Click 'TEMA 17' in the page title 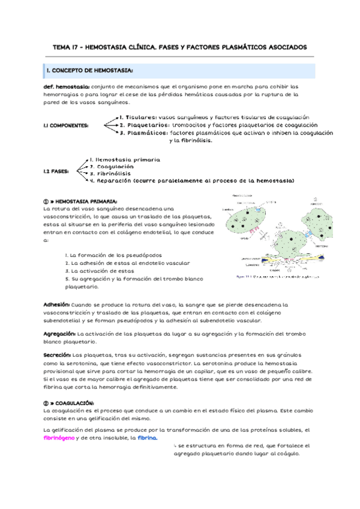(68, 46)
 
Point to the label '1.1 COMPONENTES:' (66, 125)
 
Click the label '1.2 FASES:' (56, 170)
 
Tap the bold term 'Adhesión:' (57, 304)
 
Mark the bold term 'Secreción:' (58, 355)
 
